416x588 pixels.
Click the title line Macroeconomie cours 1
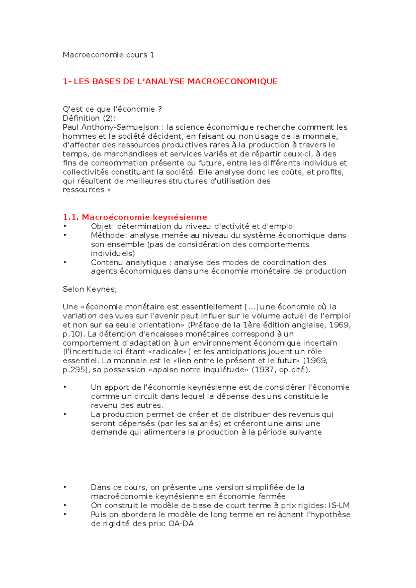click(108, 55)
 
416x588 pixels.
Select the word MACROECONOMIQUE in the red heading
click(232, 81)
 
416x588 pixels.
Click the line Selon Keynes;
click(90, 289)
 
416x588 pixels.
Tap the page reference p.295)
click(77, 370)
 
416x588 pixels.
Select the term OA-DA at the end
click(181, 524)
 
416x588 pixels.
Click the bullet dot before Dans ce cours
click(65, 487)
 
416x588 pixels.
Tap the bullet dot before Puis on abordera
click(65, 514)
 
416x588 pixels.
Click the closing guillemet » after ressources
click(109, 190)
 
